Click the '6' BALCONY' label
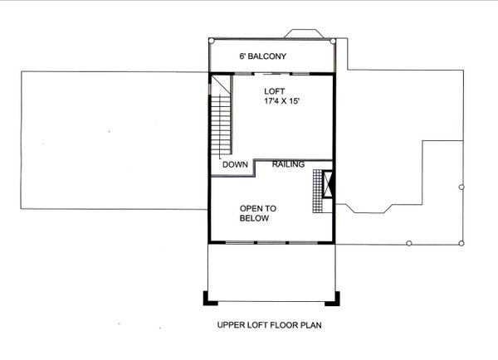point(262,56)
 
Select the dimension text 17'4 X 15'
point(275,103)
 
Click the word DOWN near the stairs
point(236,165)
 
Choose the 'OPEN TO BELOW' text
point(259,214)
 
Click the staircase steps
point(221,124)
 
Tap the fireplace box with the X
point(328,184)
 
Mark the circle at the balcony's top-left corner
point(210,39)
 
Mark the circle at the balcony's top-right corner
point(334,39)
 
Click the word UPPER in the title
point(228,324)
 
